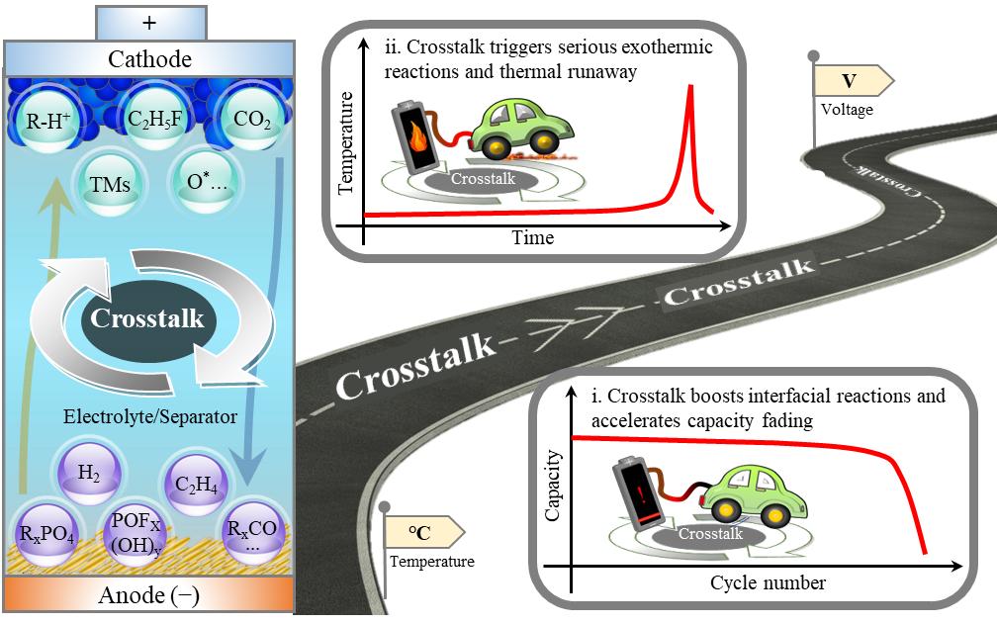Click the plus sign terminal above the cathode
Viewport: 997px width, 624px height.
pos(149,20)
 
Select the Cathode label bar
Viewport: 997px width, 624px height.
pos(149,58)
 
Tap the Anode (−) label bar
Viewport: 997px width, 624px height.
pos(149,595)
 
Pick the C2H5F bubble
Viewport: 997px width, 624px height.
pos(152,121)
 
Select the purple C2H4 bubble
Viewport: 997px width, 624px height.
pos(195,482)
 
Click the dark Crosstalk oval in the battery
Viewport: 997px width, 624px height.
pos(146,318)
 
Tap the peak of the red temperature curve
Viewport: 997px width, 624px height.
pos(689,87)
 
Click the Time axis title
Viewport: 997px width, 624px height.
pos(532,238)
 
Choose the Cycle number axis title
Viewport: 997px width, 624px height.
pos(767,581)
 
